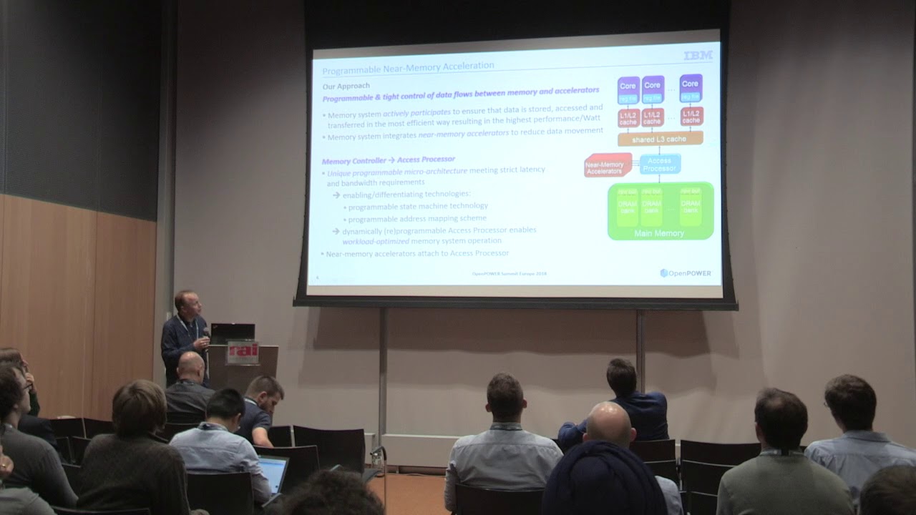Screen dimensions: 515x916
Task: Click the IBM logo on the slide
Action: coord(698,55)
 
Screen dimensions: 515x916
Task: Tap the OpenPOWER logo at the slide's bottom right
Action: coord(686,273)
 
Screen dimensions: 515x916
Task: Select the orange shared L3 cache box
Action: coord(660,139)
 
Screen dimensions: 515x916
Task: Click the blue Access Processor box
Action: coord(660,164)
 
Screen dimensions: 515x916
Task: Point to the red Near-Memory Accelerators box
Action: coord(608,166)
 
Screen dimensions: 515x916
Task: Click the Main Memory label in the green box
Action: coord(659,233)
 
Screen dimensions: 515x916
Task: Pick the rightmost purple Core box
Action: coord(690,85)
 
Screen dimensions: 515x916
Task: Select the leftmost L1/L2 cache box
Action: coord(628,117)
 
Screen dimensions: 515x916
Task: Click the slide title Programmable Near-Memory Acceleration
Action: coord(408,66)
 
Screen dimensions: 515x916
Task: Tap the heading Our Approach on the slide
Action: coord(346,85)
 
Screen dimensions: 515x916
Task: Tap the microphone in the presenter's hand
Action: coord(206,333)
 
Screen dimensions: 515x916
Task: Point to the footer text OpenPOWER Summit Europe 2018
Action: coord(510,273)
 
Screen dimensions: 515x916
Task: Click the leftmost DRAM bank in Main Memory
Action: coord(628,207)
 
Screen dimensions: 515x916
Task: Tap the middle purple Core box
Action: coord(652,85)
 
